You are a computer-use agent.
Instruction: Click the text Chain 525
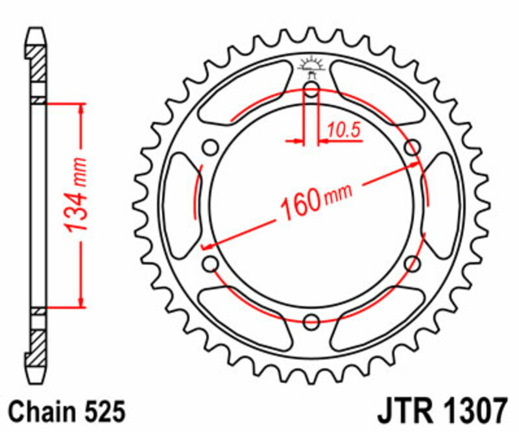(x=62, y=411)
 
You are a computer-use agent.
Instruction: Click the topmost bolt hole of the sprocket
(x=311, y=90)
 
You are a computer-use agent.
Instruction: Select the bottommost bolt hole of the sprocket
(x=311, y=320)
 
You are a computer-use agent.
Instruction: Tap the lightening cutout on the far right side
(x=442, y=205)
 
